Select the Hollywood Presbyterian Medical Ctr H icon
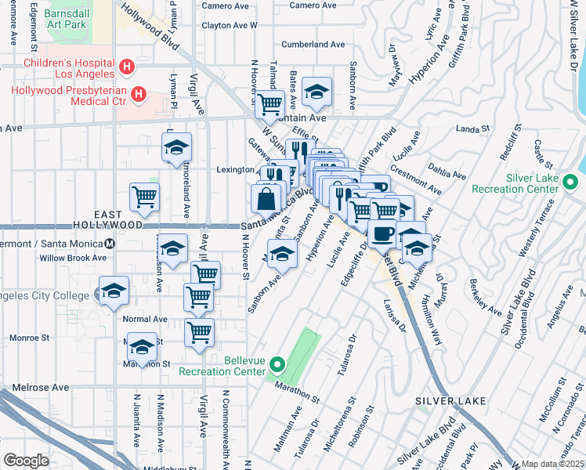coord(139,95)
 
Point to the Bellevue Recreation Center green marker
coord(277,364)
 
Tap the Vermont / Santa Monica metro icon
coord(110,243)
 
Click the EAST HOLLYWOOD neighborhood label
coord(120,219)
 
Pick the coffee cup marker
coord(382,233)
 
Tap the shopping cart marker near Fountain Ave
coord(270,103)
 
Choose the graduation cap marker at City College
coord(114,291)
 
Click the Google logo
coord(26,460)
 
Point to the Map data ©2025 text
coord(553,464)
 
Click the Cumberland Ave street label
coord(313,45)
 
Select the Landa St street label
coord(472,128)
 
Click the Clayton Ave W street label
coord(230,25)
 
